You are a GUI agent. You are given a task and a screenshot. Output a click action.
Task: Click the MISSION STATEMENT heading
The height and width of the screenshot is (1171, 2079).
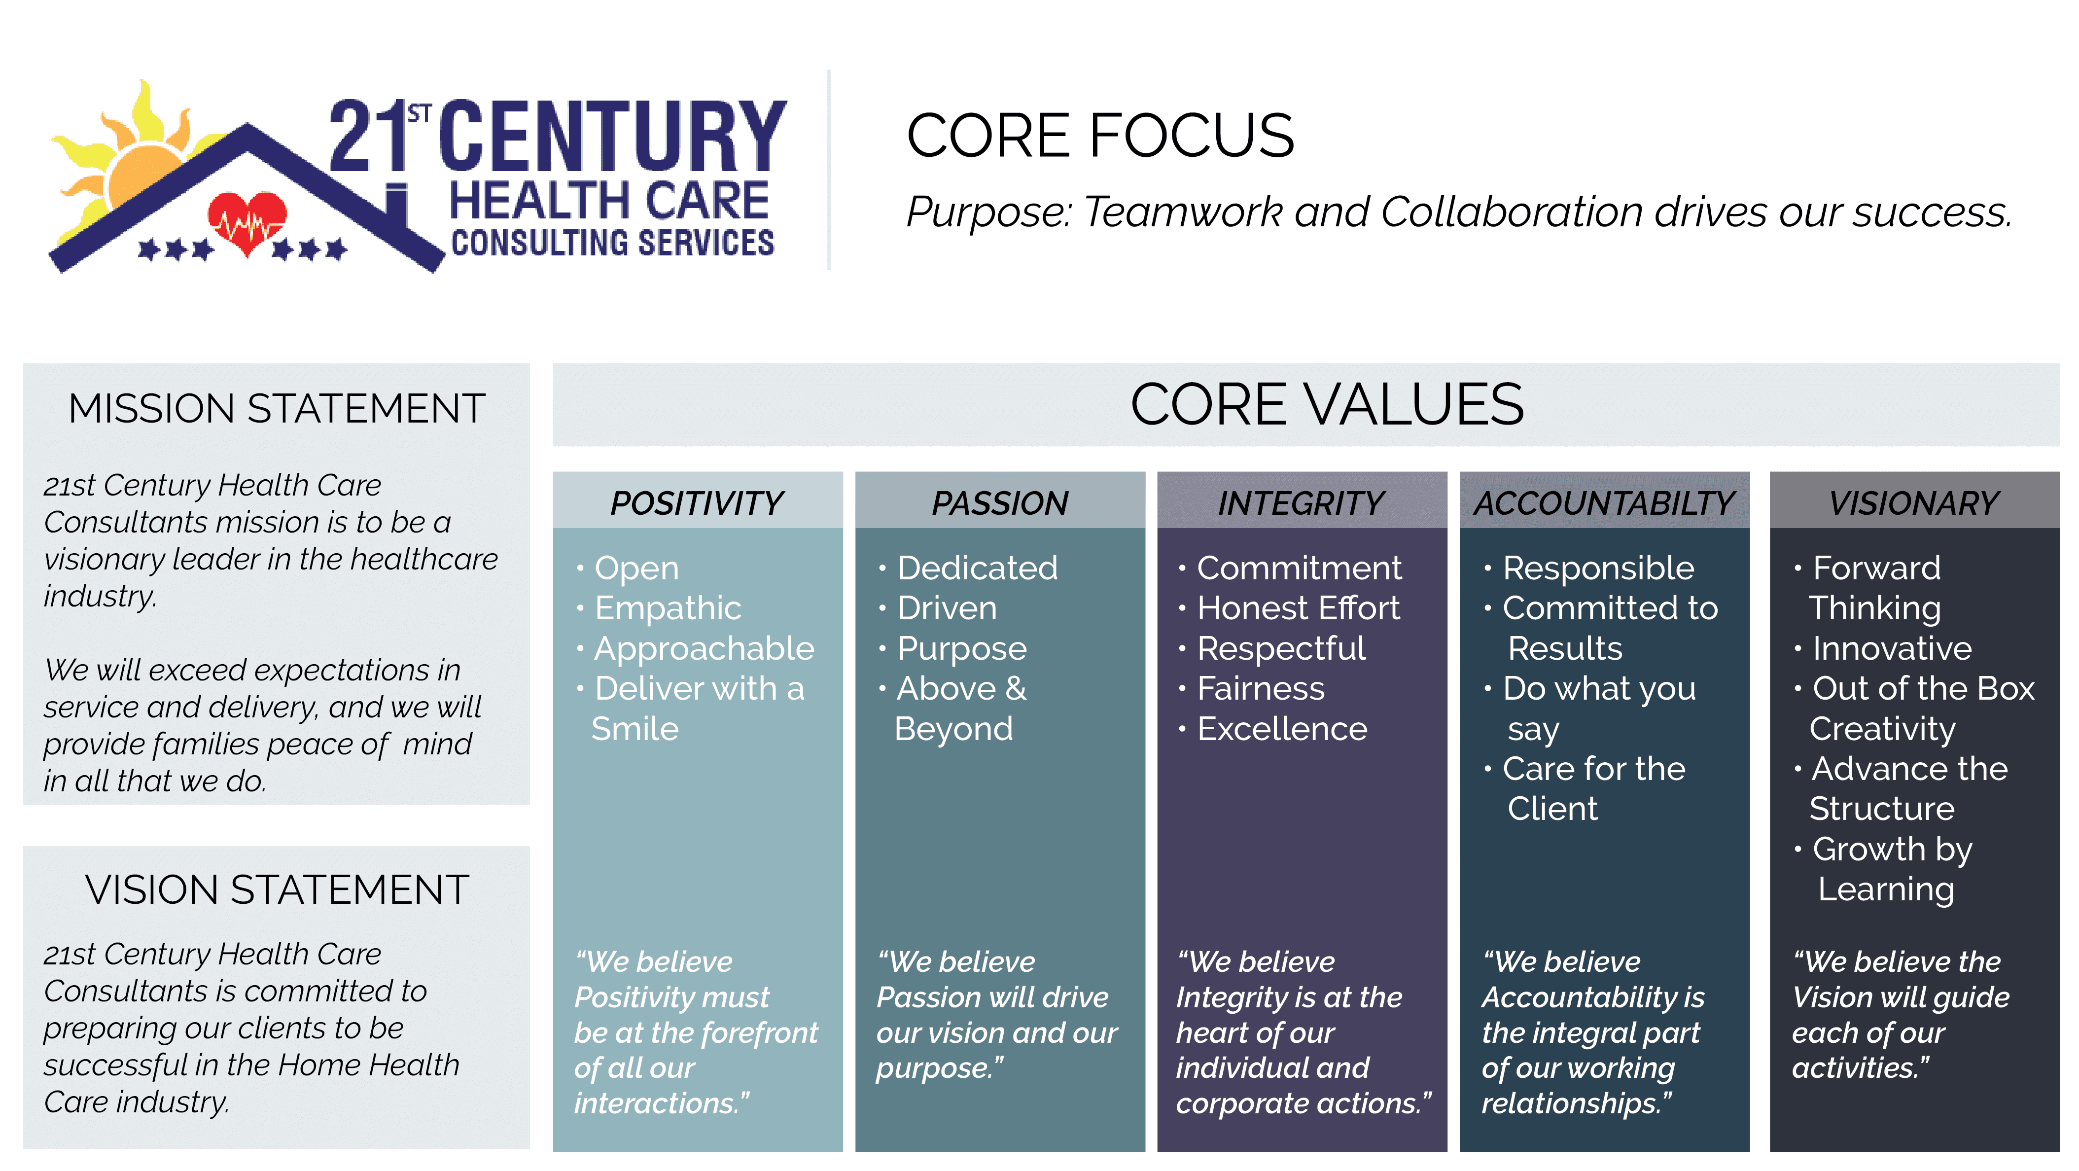(x=276, y=408)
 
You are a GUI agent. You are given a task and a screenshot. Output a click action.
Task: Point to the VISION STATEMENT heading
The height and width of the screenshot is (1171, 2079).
(x=277, y=889)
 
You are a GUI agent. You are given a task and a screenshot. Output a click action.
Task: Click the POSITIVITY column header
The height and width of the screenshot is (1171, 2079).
(x=697, y=503)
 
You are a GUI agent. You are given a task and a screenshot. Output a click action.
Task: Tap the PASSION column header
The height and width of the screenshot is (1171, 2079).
(x=1000, y=503)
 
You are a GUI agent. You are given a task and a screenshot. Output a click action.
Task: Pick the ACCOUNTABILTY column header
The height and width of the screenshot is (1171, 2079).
(x=1604, y=503)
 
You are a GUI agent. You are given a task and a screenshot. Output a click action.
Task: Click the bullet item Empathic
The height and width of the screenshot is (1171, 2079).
(x=668, y=608)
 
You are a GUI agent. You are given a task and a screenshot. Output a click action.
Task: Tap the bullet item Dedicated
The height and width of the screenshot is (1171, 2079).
(x=977, y=568)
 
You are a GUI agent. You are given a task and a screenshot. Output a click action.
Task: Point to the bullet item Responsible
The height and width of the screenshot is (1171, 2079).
(x=1598, y=568)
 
